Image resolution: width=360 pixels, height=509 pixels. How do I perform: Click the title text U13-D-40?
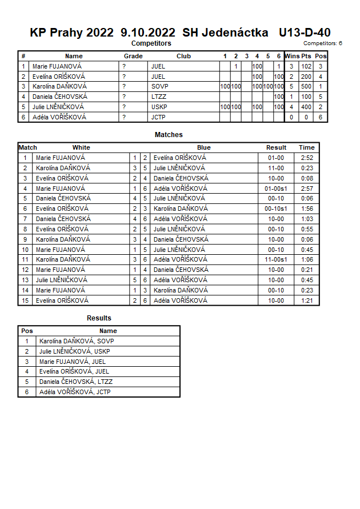pyautogui.click(x=305, y=33)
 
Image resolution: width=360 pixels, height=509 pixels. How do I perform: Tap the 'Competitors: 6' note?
pyautogui.click(x=323, y=43)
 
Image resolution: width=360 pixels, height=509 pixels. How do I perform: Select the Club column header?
pyautogui.click(x=183, y=56)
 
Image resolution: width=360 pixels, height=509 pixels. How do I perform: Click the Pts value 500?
pyautogui.click(x=306, y=86)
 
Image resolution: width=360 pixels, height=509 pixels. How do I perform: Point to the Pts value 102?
pyautogui.click(x=306, y=66)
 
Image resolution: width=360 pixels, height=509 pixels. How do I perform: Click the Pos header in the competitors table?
pyautogui.click(x=321, y=56)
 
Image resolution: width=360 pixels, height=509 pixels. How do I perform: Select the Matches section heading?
pyautogui.click(x=169, y=135)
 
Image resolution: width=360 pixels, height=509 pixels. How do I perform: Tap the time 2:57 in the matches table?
pyautogui.click(x=306, y=188)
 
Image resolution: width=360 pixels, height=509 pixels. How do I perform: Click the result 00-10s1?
pyautogui.click(x=276, y=209)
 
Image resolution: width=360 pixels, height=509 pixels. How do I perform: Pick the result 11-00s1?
pyautogui.click(x=276, y=259)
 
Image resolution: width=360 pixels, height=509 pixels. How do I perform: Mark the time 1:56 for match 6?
pyautogui.click(x=306, y=209)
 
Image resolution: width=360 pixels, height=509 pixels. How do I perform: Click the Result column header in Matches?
pyautogui.click(x=276, y=147)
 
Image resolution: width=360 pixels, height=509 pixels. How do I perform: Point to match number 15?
pyautogui.click(x=25, y=300)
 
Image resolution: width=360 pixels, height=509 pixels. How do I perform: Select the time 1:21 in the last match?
pyautogui.click(x=306, y=300)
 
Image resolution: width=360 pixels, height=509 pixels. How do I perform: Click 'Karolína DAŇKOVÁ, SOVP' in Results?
pyautogui.click(x=77, y=341)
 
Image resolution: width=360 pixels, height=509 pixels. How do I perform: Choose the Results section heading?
pyautogui.click(x=99, y=318)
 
